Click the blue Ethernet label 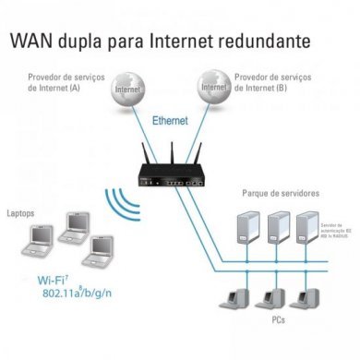point(170,121)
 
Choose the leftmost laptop point(34,242)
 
